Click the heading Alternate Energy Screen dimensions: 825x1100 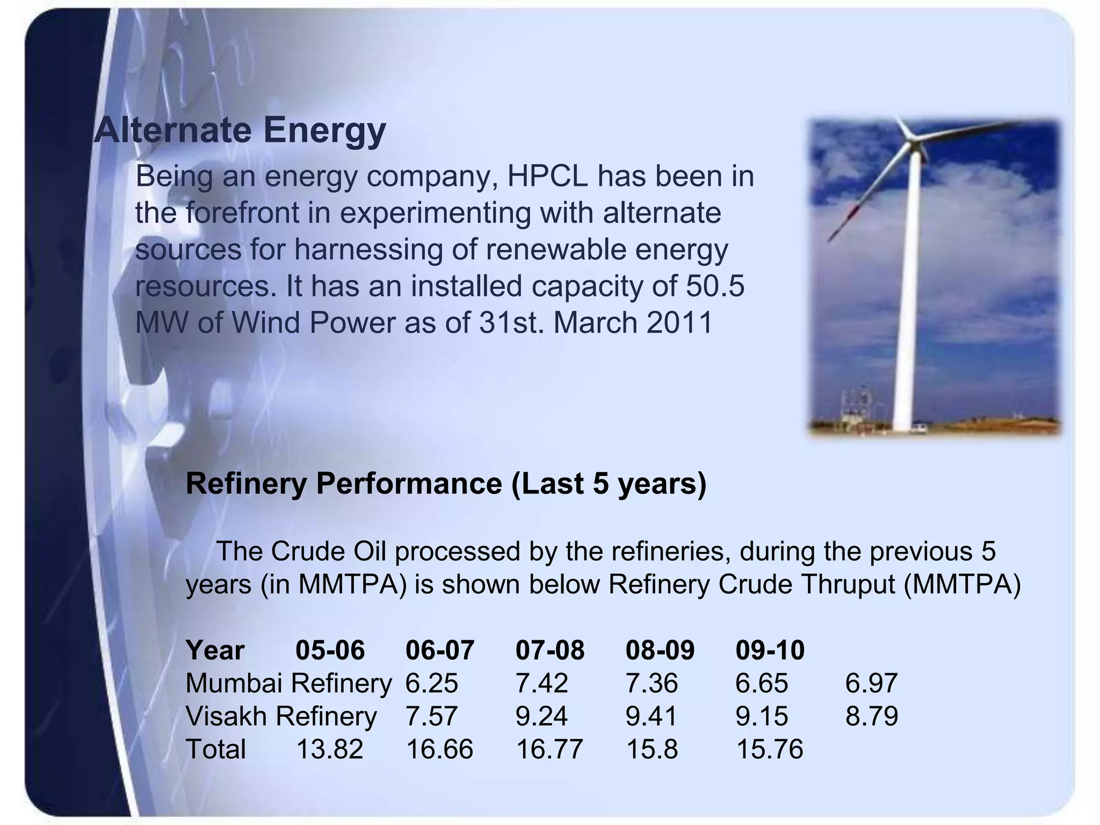click(x=240, y=131)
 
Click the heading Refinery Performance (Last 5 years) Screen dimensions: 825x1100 click(x=445, y=483)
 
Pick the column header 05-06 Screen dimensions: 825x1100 click(x=330, y=650)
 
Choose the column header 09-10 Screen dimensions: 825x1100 click(x=770, y=650)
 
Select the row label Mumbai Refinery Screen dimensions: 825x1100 click(x=288, y=683)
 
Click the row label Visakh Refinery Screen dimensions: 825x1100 click(x=281, y=716)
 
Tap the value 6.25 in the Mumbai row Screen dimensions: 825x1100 click(x=432, y=683)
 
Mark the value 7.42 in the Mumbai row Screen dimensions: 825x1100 click(x=541, y=683)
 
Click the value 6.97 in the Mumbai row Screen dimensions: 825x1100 click(x=871, y=683)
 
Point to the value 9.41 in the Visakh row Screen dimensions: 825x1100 click(x=652, y=716)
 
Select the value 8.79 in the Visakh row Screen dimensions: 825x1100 click(x=871, y=716)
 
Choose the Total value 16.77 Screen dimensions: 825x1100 click(x=549, y=749)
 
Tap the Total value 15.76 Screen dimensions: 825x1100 click(x=769, y=749)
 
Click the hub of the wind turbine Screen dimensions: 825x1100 click(x=911, y=139)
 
